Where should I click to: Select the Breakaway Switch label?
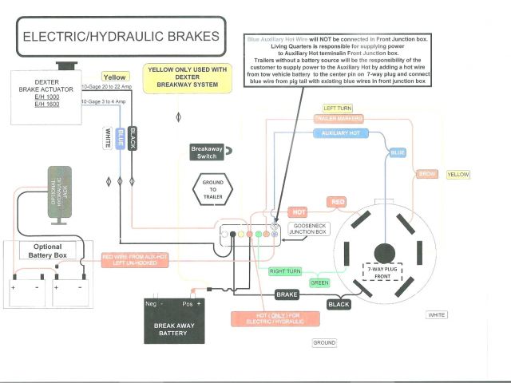tap(208, 152)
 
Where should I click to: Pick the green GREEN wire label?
tap(319, 282)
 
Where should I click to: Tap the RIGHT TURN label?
tap(285, 271)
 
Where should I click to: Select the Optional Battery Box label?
tap(46, 252)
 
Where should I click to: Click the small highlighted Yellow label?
tap(115, 77)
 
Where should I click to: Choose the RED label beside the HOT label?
tap(339, 202)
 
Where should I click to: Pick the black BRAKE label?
tap(287, 294)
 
